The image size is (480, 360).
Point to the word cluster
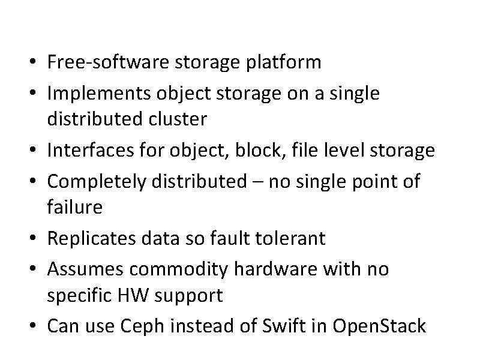point(181,120)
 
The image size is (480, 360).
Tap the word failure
point(74,208)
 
